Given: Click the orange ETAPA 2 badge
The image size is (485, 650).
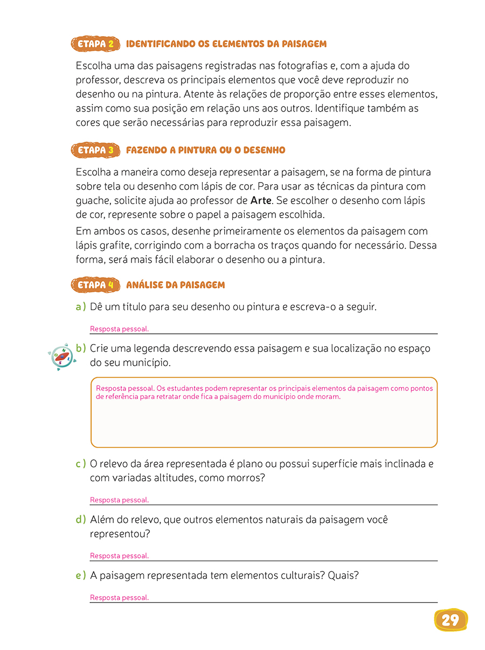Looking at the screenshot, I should [95, 44].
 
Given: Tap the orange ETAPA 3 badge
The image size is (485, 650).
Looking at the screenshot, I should [95, 150].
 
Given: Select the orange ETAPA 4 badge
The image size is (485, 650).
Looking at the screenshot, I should [95, 285].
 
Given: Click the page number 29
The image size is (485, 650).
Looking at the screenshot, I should [450, 620].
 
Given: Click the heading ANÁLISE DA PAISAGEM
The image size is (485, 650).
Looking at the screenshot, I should [175, 285].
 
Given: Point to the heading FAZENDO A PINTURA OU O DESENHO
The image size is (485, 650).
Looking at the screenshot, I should [205, 150].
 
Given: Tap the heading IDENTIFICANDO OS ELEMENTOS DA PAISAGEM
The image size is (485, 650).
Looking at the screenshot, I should [226, 44].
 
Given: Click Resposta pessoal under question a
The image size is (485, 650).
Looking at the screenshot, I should [119, 329].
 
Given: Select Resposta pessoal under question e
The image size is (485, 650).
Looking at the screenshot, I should [119, 598].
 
